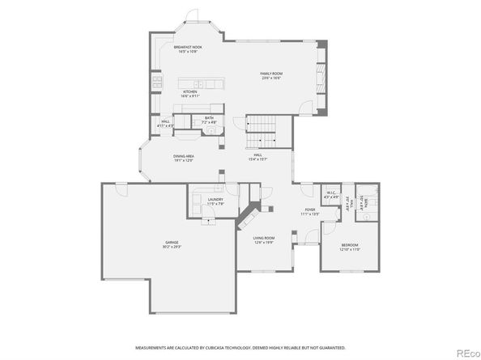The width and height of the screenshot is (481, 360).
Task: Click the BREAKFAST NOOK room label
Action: pos(187,48)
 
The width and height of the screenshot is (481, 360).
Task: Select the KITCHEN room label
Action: pos(189,92)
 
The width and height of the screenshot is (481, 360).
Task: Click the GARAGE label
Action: pos(171,243)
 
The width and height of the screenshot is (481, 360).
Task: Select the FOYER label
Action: pos(310,209)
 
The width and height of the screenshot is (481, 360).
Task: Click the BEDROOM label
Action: pos(349,244)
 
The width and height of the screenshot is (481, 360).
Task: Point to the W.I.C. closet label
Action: pos(330,193)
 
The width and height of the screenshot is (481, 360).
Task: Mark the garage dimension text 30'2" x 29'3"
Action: pos(171,247)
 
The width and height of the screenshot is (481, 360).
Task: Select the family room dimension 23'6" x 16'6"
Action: pos(270,78)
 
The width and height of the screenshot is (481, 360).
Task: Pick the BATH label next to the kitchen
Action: pos(209,118)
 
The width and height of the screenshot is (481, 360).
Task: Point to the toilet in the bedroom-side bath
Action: pos(365,217)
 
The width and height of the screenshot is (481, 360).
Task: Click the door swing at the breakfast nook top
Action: pos(192,17)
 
